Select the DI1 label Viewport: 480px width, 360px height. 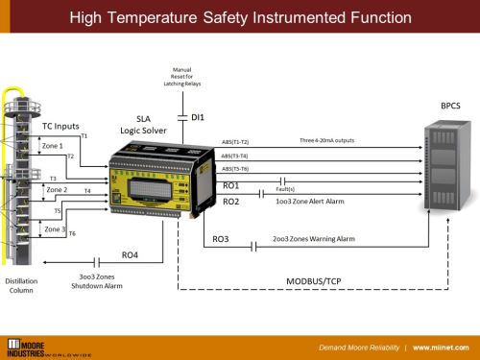coord(199,117)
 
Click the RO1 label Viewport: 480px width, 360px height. coord(230,184)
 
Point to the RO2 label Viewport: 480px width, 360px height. coord(230,202)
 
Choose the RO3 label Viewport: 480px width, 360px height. coord(220,239)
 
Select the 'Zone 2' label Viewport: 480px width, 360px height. coord(57,190)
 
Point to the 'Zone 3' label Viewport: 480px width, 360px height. coord(56,229)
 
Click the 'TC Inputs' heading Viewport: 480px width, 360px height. coord(60,126)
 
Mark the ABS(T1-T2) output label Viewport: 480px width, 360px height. coord(234,142)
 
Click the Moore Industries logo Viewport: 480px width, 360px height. coord(48,346)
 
